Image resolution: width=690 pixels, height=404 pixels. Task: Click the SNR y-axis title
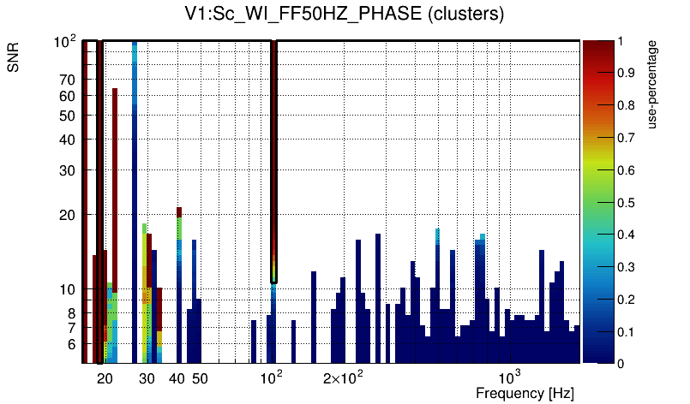tap(15, 58)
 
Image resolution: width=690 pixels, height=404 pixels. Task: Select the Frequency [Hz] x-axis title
tap(525, 394)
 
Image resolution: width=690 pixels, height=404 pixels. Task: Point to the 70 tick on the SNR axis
tap(67, 80)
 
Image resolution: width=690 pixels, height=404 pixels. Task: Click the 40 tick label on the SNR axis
tap(67, 140)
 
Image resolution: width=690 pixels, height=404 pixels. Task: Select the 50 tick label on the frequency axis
tap(199, 378)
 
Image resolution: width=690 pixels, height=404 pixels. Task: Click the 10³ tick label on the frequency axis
tap(510, 377)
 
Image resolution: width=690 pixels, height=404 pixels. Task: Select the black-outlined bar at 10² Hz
tap(274, 163)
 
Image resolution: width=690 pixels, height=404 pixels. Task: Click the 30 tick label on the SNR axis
tap(67, 170)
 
